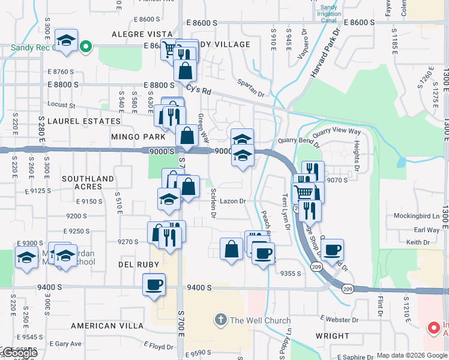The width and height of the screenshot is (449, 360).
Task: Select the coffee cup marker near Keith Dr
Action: point(331,249)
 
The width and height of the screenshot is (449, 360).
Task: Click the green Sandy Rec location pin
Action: point(86,46)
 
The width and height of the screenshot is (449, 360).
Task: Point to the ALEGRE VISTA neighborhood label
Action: point(146,35)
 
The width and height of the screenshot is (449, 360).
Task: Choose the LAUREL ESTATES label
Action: point(84,121)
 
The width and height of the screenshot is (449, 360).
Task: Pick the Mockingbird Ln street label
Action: point(417,215)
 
